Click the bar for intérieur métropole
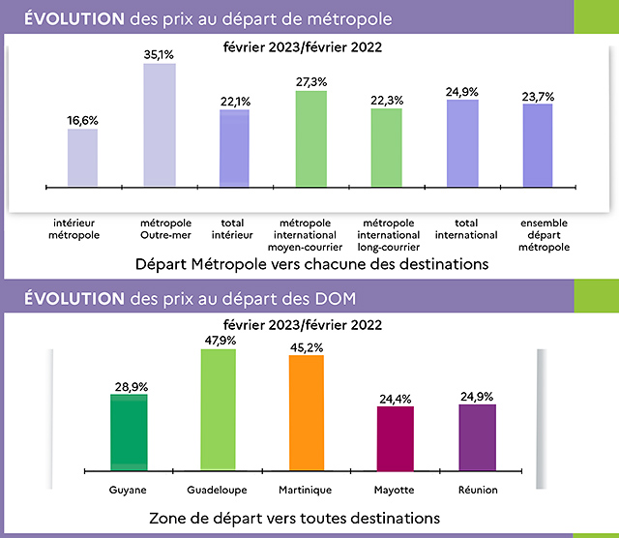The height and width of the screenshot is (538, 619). [x=82, y=157]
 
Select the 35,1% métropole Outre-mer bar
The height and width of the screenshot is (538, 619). [x=159, y=125]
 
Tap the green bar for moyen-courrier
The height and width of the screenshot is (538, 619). [x=311, y=137]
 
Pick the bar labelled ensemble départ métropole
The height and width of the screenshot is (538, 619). [x=538, y=144]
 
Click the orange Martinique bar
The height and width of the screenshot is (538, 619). [x=306, y=413]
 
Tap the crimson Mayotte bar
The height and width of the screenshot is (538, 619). [x=395, y=438]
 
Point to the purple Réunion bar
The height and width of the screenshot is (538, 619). [x=478, y=437]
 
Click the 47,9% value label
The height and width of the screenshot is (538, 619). [x=218, y=341]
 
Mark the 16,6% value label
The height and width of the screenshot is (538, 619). [x=82, y=121]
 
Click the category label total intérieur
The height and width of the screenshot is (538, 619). [x=234, y=228]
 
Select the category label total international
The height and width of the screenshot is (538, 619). [x=466, y=228]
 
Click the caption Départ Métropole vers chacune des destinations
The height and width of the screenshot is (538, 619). [x=310, y=262]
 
